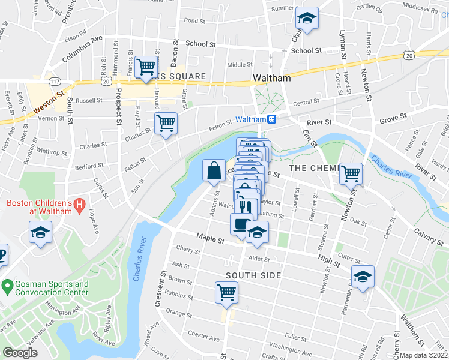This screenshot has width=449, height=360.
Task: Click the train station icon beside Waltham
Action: tap(272, 119)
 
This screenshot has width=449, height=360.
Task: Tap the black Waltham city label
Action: tap(272, 78)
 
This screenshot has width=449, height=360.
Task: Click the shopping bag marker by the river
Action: tap(214, 170)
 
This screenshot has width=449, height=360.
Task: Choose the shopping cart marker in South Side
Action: tap(227, 293)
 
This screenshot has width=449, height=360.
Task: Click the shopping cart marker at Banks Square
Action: tap(146, 67)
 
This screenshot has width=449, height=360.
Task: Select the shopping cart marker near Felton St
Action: tap(166, 124)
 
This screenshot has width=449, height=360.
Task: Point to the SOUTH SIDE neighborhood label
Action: tap(253, 275)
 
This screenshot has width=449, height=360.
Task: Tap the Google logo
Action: tap(20, 353)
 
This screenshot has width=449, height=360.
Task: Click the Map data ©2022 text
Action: tap(423, 355)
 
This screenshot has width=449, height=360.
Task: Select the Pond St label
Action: tap(194, 20)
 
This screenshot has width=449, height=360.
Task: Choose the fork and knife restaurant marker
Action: tap(245, 207)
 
